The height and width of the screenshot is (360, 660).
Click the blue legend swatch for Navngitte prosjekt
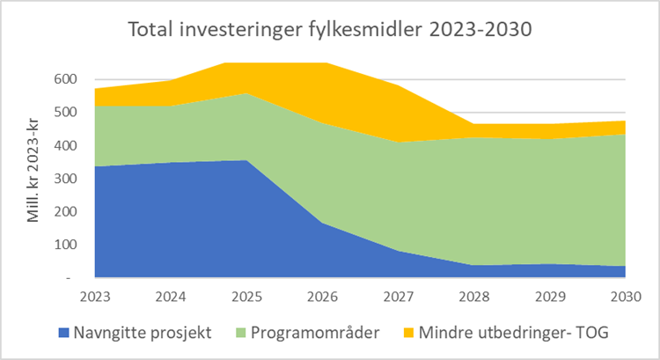point(62,334)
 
